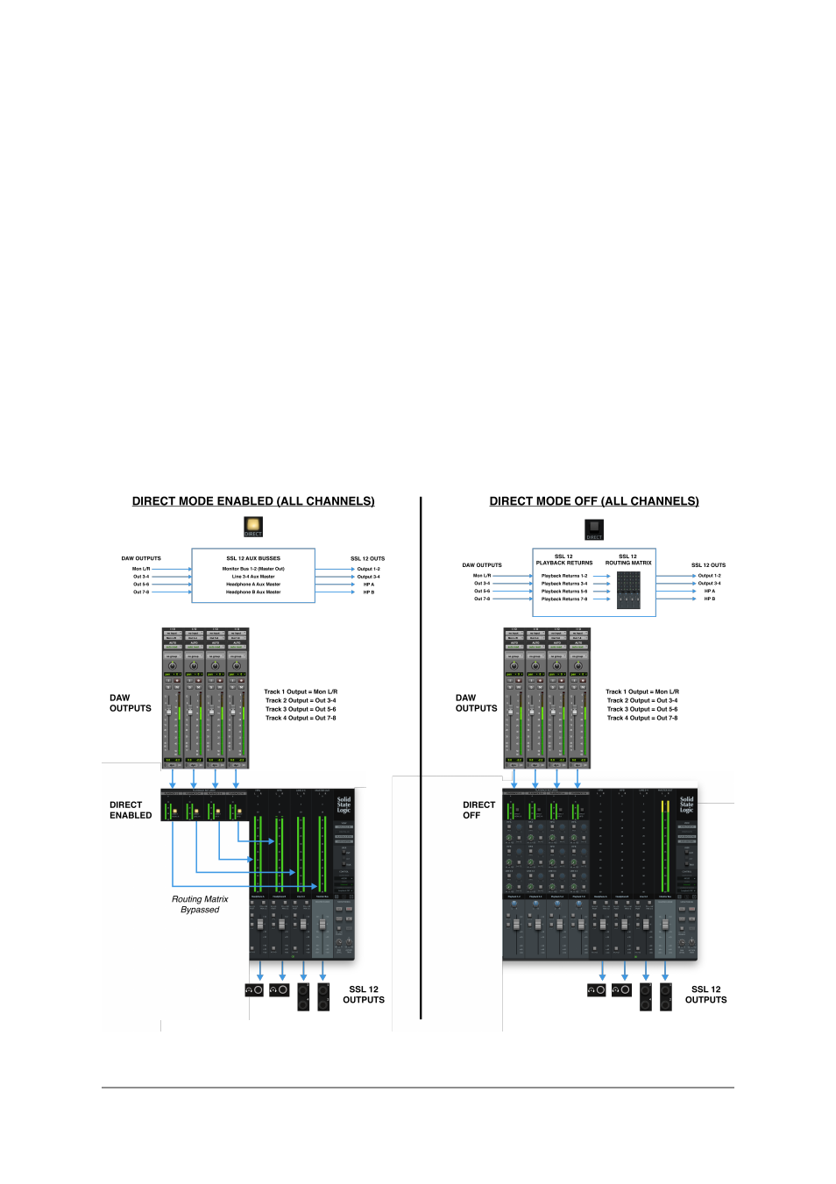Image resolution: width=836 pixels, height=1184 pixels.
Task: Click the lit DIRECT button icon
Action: [x=253, y=526]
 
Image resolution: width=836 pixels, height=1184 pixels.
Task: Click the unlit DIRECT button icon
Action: [x=594, y=529]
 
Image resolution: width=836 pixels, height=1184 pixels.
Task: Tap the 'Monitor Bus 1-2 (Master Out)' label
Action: [x=253, y=569]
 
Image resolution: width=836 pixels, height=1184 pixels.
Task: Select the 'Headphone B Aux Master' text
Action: [x=253, y=592]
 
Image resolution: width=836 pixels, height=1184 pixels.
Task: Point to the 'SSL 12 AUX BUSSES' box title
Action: [x=253, y=558]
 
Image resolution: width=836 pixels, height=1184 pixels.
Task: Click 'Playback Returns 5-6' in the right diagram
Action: [x=564, y=592]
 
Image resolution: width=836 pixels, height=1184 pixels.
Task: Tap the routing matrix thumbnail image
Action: [x=628, y=591]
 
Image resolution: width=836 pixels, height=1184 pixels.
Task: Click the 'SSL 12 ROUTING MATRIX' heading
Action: [x=628, y=560]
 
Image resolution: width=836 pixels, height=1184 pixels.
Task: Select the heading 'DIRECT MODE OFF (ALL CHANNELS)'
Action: [x=594, y=501]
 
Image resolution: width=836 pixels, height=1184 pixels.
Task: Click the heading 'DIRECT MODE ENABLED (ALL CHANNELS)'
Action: [x=253, y=501]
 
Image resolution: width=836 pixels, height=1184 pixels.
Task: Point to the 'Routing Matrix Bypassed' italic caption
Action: [x=200, y=904]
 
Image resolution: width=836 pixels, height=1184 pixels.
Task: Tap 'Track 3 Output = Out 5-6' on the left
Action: [x=301, y=710]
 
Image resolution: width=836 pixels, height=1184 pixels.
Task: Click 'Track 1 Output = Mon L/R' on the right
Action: [x=642, y=692]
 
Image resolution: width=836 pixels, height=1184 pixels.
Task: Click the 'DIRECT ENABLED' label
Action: [x=131, y=810]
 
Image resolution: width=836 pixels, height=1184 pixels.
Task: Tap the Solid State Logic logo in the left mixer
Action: [x=344, y=805]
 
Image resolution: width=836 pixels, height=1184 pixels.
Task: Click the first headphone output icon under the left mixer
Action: [x=254, y=990]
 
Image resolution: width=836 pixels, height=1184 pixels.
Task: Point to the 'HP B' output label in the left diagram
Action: [x=369, y=592]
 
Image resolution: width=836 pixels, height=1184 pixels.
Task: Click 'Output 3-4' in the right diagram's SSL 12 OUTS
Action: [x=710, y=584]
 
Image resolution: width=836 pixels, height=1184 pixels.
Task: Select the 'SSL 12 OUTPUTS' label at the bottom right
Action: [x=705, y=995]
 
